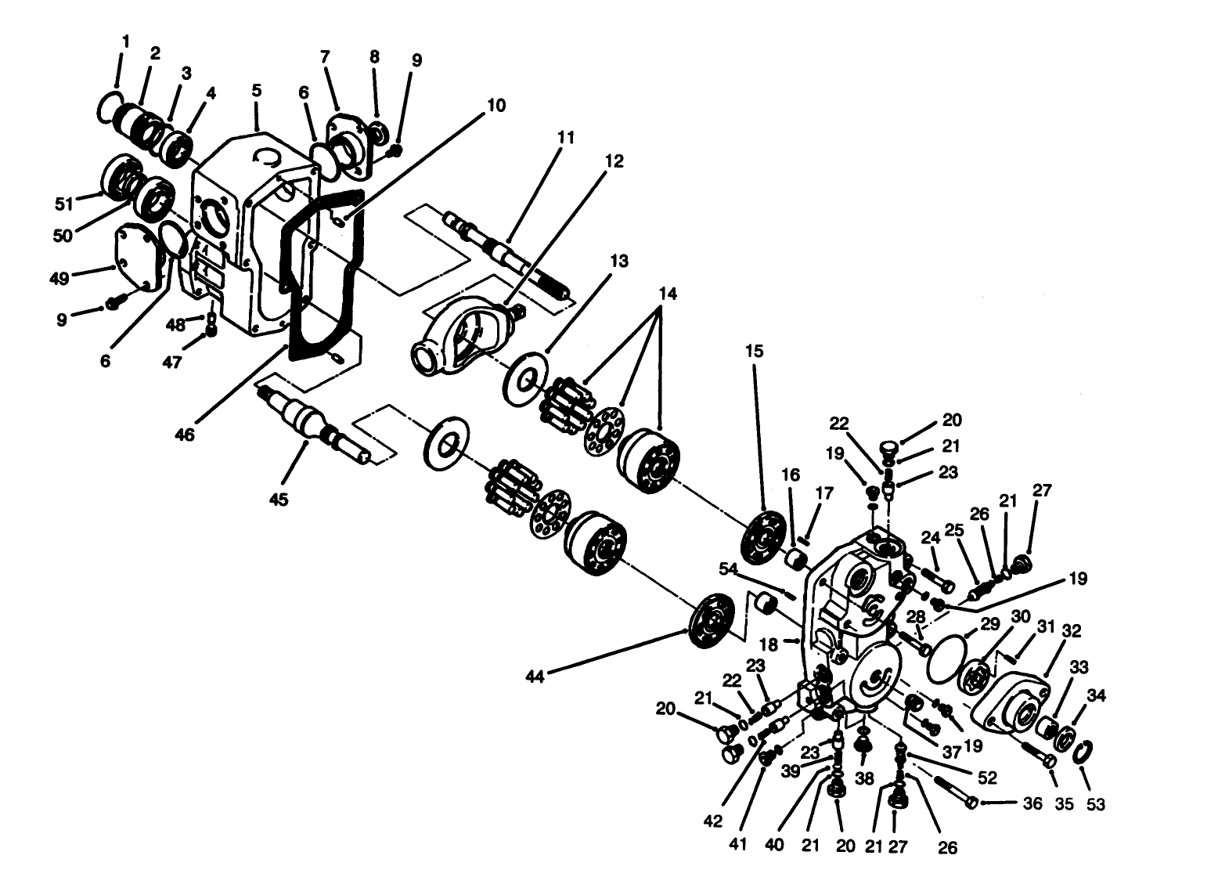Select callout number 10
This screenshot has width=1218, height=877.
(497, 105)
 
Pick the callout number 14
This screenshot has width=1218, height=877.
(667, 294)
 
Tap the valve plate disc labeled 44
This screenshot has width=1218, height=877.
(711, 619)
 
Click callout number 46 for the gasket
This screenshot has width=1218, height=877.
(186, 435)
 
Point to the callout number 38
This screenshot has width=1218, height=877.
(864, 779)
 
